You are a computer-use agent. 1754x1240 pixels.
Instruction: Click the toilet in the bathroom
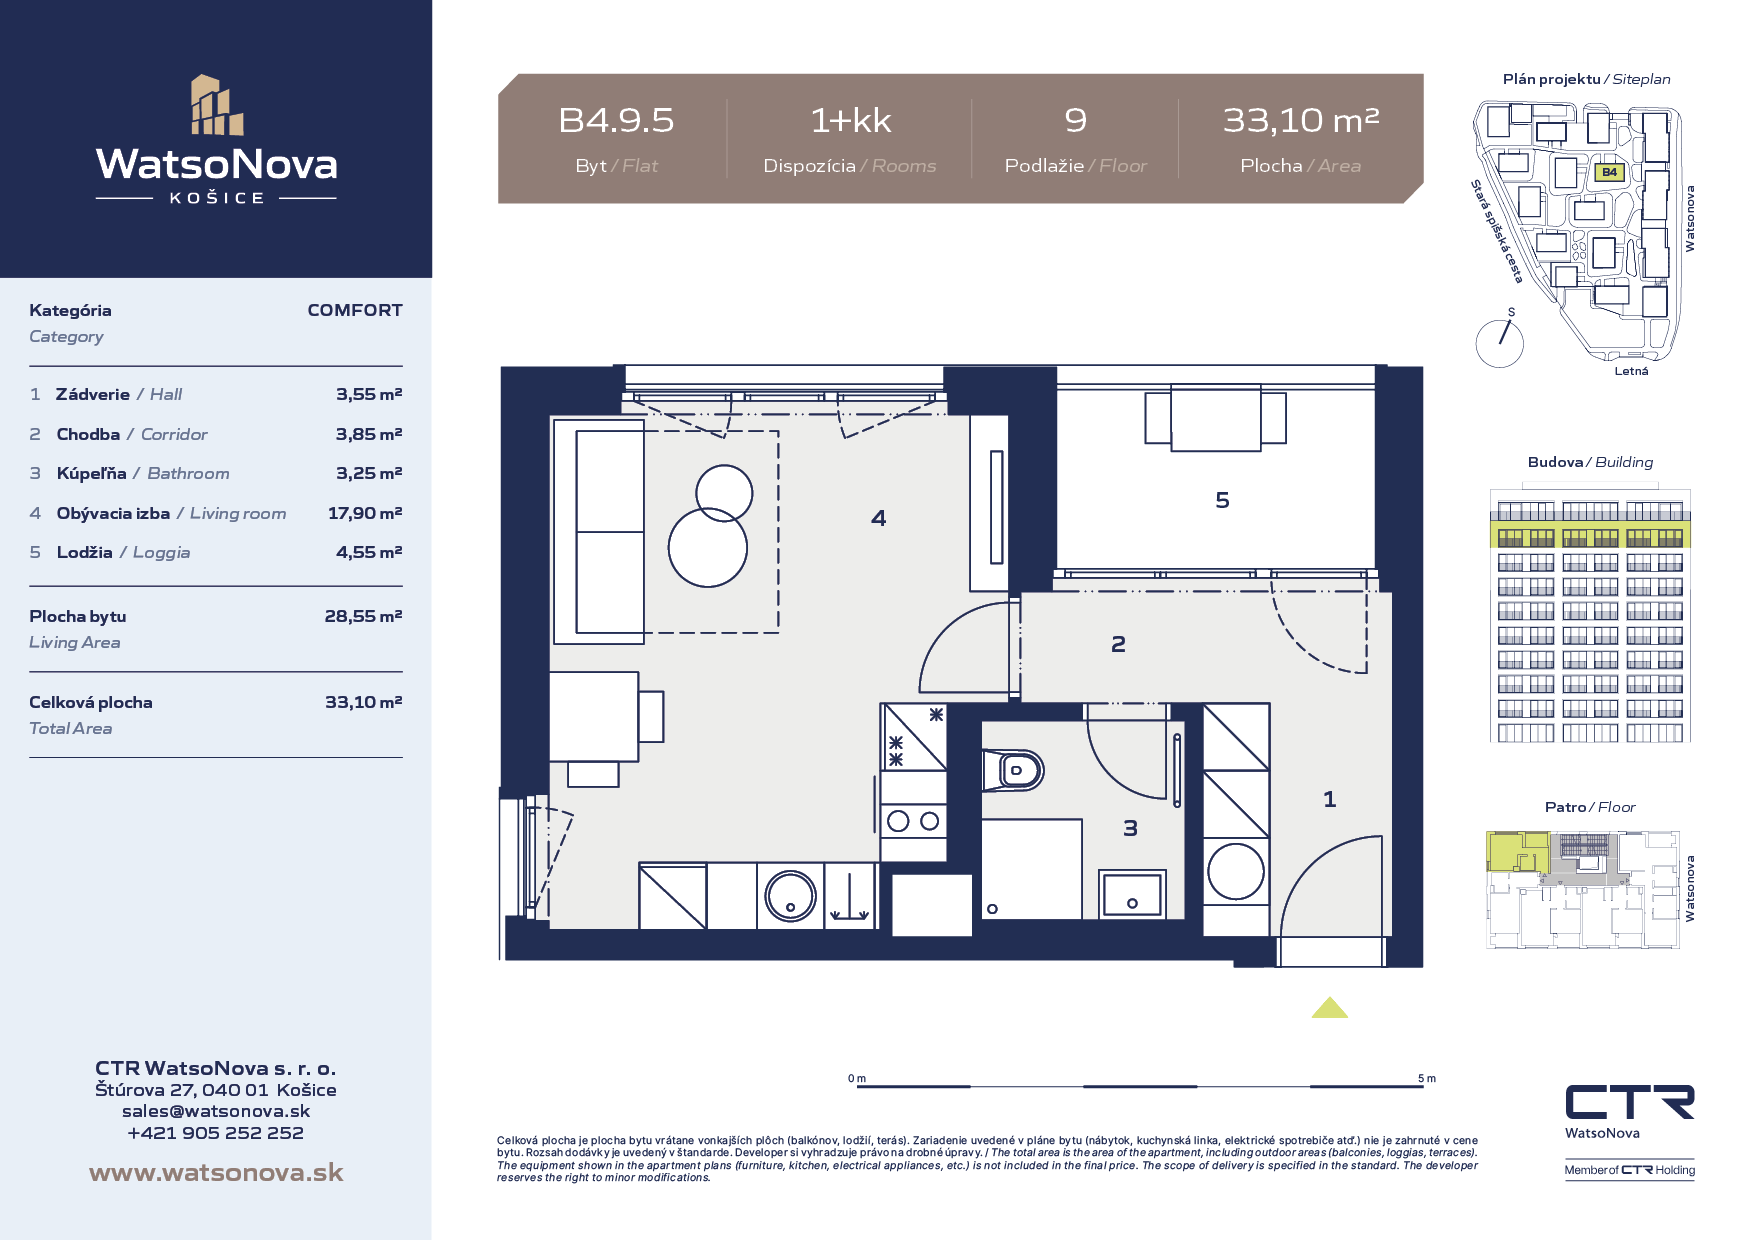pyautogui.click(x=1014, y=770)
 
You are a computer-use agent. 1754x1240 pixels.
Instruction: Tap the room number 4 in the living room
pyautogui.click(x=878, y=518)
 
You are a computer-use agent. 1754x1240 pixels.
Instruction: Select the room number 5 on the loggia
pyautogui.click(x=1222, y=500)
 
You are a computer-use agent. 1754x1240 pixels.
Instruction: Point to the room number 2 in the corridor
pyautogui.click(x=1118, y=644)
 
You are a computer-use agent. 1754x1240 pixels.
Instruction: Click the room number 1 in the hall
pyautogui.click(x=1329, y=799)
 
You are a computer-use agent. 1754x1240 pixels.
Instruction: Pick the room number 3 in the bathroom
pyautogui.click(x=1130, y=828)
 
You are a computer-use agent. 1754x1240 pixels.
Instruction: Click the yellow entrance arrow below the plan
pyautogui.click(x=1330, y=1008)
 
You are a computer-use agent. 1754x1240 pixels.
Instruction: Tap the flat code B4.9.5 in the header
pyautogui.click(x=616, y=121)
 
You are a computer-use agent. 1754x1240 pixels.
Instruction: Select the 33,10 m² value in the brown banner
pyautogui.click(x=1301, y=121)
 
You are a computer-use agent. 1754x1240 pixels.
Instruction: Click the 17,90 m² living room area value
pyautogui.click(x=365, y=513)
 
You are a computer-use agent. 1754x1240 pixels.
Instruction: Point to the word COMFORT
pyautogui.click(x=355, y=310)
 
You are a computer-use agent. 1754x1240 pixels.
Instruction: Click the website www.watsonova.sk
pyautogui.click(x=216, y=1173)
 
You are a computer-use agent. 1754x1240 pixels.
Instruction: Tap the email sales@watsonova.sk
pyautogui.click(x=216, y=1111)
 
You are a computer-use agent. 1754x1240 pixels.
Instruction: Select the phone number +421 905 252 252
pyautogui.click(x=216, y=1133)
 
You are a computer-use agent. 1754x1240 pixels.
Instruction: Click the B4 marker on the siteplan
pyautogui.click(x=1609, y=172)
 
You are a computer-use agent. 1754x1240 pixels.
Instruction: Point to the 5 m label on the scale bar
pyautogui.click(x=1427, y=1078)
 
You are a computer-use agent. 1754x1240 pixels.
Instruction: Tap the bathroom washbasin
pyautogui.click(x=1132, y=895)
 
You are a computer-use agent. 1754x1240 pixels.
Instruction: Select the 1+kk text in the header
pyautogui.click(x=850, y=121)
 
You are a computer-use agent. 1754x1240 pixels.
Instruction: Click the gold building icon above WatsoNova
pyautogui.click(x=217, y=105)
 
